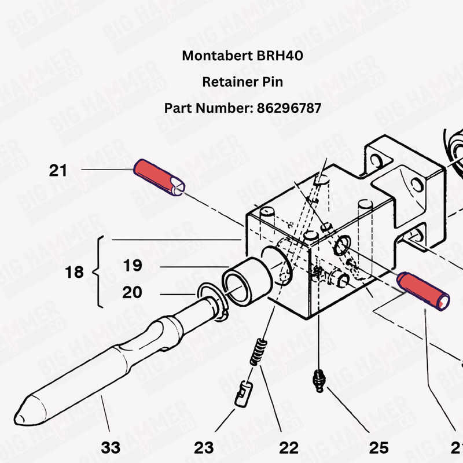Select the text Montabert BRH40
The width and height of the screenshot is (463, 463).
tap(242, 56)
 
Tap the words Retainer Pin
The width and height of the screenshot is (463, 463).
tap(242, 82)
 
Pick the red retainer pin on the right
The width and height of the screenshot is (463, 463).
tap(422, 290)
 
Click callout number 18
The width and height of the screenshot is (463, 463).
tap(75, 272)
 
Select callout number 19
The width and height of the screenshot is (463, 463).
tap(133, 266)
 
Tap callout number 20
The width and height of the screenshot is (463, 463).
tap(133, 293)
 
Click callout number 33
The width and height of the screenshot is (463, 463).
tap(111, 447)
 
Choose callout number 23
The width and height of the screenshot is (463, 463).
tap(204, 447)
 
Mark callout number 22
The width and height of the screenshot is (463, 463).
tap(289, 447)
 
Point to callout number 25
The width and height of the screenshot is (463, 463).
tap(379, 447)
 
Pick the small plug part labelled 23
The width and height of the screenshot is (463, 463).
tap(242, 393)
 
